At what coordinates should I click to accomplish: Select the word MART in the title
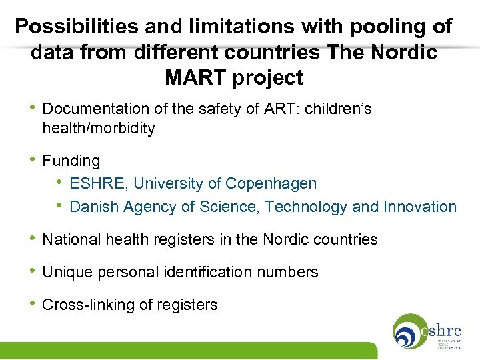(196, 78)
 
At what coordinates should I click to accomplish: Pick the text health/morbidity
(98, 129)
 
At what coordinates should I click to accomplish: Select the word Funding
(71, 161)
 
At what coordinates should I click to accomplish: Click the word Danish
(93, 207)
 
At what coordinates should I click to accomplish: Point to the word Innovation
(420, 207)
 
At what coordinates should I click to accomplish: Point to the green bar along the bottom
(187, 351)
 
